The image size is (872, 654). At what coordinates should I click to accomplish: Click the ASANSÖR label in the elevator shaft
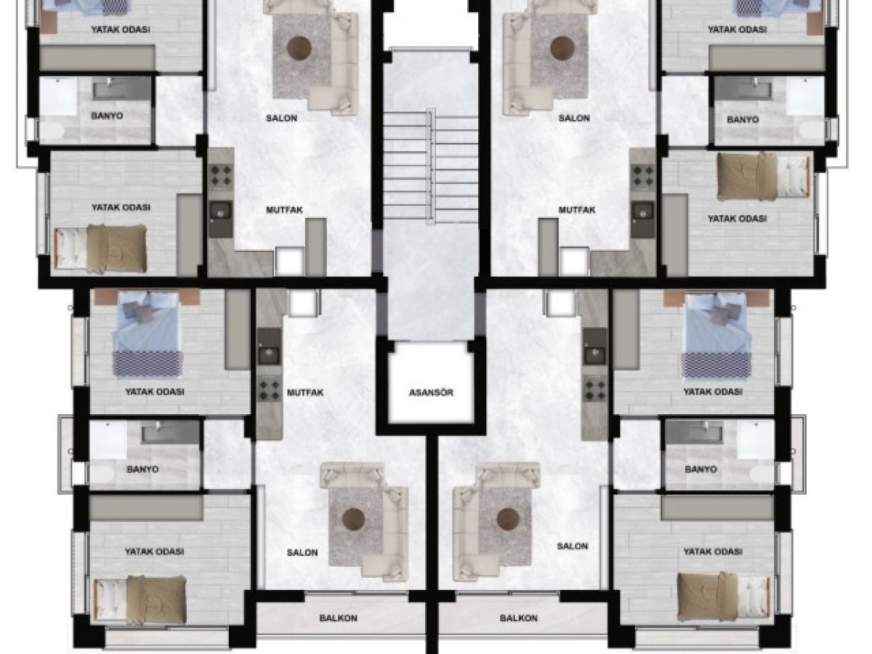tap(431, 392)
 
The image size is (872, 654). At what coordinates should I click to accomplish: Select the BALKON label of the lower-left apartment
tap(339, 618)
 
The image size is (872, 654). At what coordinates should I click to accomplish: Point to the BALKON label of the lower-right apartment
tap(518, 618)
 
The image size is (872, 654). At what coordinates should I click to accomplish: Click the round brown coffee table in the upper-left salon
tap(299, 49)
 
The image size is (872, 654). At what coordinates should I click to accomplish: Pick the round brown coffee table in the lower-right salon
tap(508, 520)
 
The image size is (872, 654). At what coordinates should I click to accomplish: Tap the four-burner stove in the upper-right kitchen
tap(643, 176)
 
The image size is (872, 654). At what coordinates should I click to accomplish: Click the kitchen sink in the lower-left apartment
tap(269, 352)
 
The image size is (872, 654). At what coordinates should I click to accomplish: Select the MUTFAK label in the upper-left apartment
tap(284, 210)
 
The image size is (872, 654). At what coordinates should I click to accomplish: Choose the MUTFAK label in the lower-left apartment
tap(305, 392)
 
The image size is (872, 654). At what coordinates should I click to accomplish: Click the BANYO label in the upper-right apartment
tap(743, 119)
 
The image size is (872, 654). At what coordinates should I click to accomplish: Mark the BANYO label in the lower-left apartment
tap(142, 469)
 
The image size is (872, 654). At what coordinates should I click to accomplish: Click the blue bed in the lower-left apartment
tap(148, 334)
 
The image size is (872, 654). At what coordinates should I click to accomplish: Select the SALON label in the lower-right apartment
tap(573, 546)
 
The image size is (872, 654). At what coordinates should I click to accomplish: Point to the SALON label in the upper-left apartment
tap(281, 118)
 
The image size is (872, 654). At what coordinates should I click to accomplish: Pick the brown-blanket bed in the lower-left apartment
tap(140, 599)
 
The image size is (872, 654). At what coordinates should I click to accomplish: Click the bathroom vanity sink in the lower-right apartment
tap(694, 431)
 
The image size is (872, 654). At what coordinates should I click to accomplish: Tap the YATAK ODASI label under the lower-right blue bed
tap(713, 392)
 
